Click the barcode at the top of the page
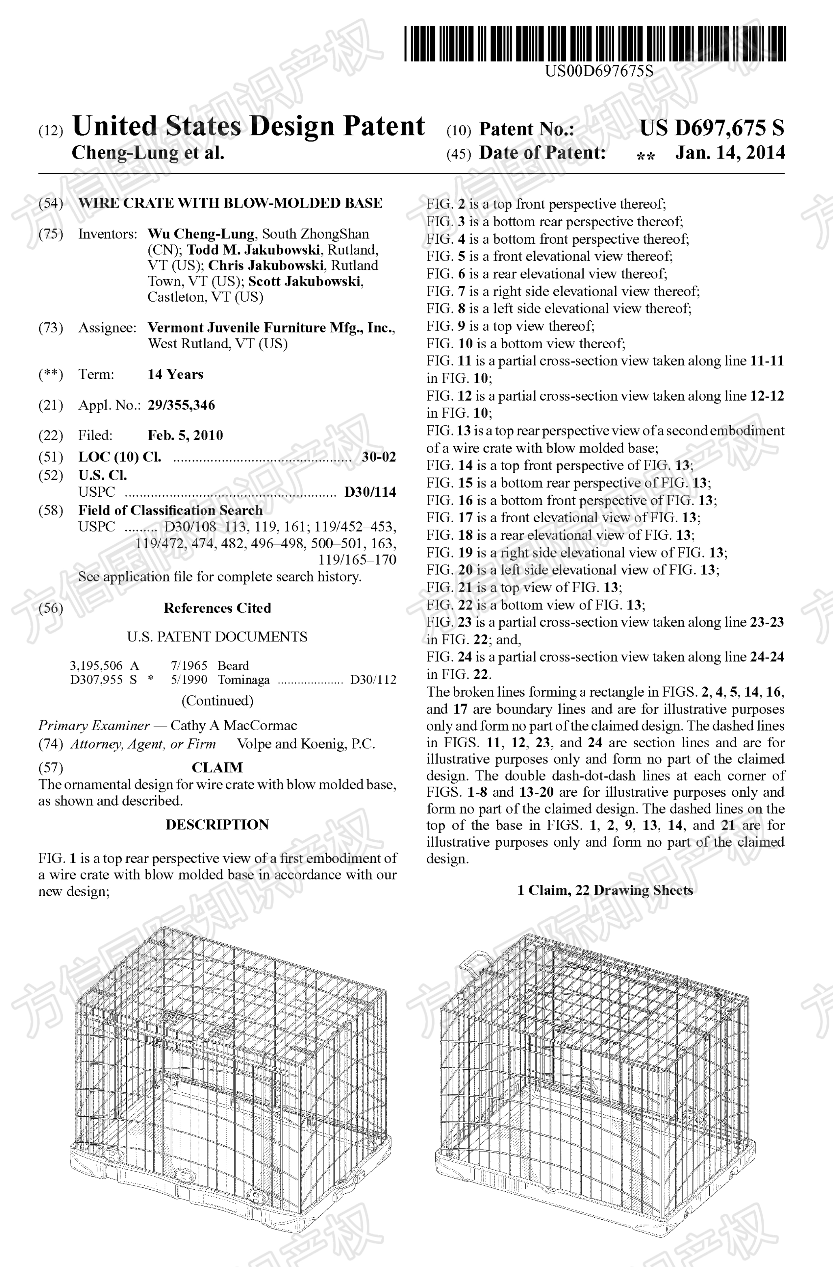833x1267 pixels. click(594, 44)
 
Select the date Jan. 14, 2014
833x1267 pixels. click(730, 153)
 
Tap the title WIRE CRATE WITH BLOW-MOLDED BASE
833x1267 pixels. click(230, 203)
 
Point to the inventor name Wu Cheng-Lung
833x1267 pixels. click(201, 234)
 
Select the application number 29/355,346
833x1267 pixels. click(181, 405)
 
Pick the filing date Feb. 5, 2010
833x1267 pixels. click(185, 435)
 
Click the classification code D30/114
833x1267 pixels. click(370, 492)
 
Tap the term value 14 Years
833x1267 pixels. click(175, 375)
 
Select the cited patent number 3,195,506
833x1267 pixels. click(96, 665)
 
